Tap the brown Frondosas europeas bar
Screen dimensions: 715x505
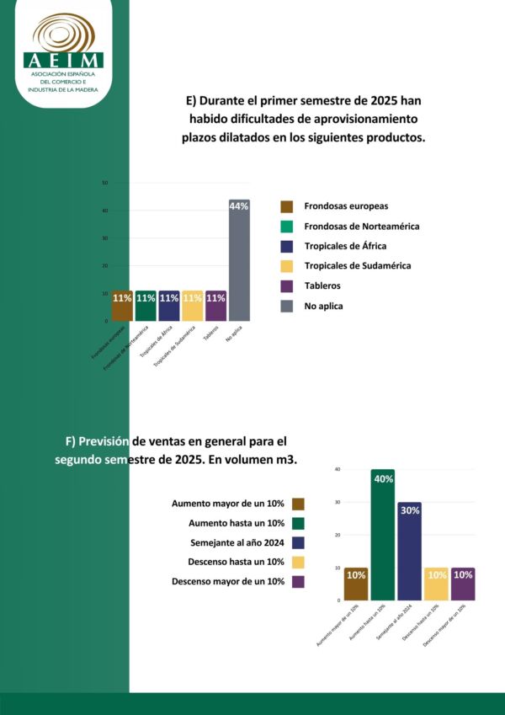tap(122, 307)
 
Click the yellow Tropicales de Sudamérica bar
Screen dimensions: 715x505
tap(193, 307)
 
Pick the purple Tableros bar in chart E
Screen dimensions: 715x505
tap(216, 307)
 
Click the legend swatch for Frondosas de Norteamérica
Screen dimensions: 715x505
tap(286, 227)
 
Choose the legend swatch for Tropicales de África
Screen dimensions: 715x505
tap(286, 246)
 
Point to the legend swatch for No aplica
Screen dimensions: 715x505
tap(286, 306)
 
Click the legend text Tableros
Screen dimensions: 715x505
tap(323, 286)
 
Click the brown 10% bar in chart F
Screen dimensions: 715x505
tap(356, 584)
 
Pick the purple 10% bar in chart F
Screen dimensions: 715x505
tap(463, 584)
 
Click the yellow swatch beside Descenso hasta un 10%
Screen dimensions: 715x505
tap(298, 562)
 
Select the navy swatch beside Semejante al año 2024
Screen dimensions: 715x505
tap(298, 542)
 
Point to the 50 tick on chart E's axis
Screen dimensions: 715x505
tap(104, 183)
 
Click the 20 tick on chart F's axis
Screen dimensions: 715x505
tap(338, 535)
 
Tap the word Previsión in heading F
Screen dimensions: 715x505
tap(104, 440)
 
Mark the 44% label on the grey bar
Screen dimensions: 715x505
tap(239, 206)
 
